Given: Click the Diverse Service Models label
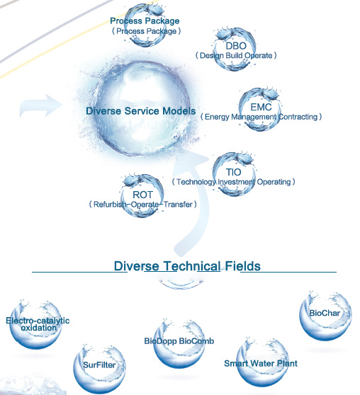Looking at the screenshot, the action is (x=141, y=111).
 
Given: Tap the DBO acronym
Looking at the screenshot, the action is (x=236, y=46).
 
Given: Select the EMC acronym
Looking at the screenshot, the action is (x=261, y=107).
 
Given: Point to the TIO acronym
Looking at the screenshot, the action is (x=233, y=172).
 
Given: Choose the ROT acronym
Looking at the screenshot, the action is (x=142, y=195).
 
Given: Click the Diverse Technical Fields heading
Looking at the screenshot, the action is (x=187, y=266).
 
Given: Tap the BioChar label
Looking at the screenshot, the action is (x=325, y=313).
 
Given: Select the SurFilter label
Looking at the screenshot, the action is (x=99, y=365).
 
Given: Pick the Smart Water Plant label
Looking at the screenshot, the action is (x=261, y=363).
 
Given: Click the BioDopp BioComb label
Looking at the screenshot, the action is (x=179, y=341).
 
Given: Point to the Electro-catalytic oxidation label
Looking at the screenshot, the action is (x=38, y=324).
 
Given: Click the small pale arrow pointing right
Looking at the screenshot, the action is (x=41, y=105).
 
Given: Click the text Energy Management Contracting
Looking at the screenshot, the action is (x=261, y=117).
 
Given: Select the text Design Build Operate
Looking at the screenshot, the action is (x=236, y=55).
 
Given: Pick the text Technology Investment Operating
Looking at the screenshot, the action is (x=233, y=182).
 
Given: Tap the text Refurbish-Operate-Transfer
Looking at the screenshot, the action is (x=142, y=205).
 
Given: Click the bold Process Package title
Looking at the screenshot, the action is (x=145, y=21).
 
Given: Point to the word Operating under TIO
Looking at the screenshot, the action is (x=274, y=182).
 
